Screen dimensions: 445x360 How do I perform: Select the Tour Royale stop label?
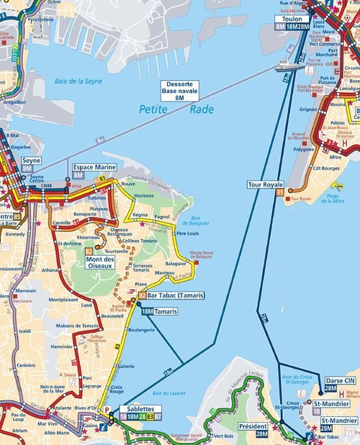[265, 185]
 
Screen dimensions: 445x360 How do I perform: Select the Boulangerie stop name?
[140, 330]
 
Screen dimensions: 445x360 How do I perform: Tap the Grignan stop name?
[308, 109]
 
